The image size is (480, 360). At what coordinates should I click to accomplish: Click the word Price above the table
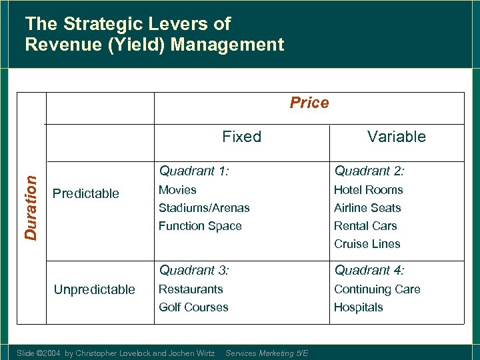coord(309,103)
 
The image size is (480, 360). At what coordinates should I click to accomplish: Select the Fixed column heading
coord(241,137)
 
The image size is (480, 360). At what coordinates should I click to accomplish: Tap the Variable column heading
coord(396,137)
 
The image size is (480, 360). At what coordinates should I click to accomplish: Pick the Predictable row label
coord(85,193)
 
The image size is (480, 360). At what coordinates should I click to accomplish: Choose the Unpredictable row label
coord(94,289)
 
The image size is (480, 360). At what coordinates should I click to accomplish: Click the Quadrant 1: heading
coord(194,171)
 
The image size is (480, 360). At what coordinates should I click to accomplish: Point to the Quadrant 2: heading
coord(369,171)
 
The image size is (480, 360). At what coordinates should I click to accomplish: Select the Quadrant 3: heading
coord(194,270)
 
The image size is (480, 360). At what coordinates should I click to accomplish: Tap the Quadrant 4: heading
coord(369,270)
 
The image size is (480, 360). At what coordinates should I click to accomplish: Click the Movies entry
coord(177,190)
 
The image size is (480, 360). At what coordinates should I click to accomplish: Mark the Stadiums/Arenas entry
coord(204,208)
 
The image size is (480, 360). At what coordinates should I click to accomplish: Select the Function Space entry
coord(200,226)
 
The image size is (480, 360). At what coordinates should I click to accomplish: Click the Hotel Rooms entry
coord(368,190)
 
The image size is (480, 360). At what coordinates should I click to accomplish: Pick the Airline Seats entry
coord(367,208)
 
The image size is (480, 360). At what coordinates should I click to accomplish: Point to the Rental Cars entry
coord(365,226)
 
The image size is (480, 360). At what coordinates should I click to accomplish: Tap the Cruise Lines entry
coord(367,244)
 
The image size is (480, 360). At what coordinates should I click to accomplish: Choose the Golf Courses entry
coord(193,307)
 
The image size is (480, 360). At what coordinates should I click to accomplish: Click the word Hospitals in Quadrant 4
coord(359,307)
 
